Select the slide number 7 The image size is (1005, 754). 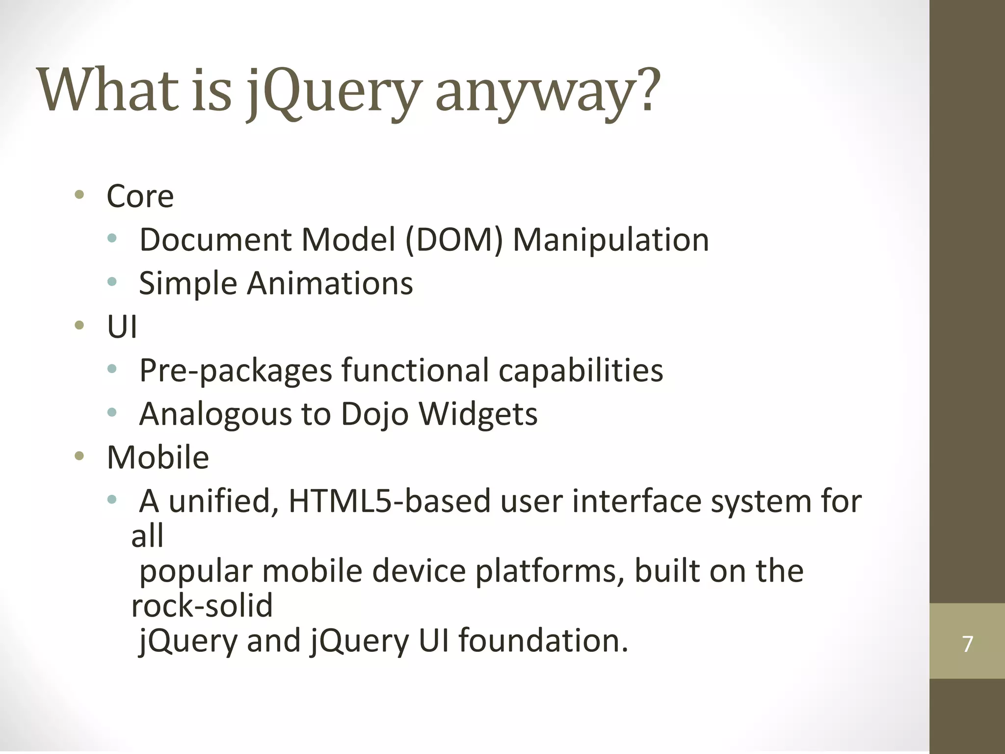tap(967, 644)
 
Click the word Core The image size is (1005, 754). tap(140, 196)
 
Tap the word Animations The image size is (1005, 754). tap(330, 283)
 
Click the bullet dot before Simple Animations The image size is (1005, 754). tap(112, 282)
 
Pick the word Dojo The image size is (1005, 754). tap(374, 414)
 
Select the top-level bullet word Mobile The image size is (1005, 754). tap(158, 458)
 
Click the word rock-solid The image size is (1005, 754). tap(202, 605)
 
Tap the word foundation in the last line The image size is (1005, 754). tap(543, 641)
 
